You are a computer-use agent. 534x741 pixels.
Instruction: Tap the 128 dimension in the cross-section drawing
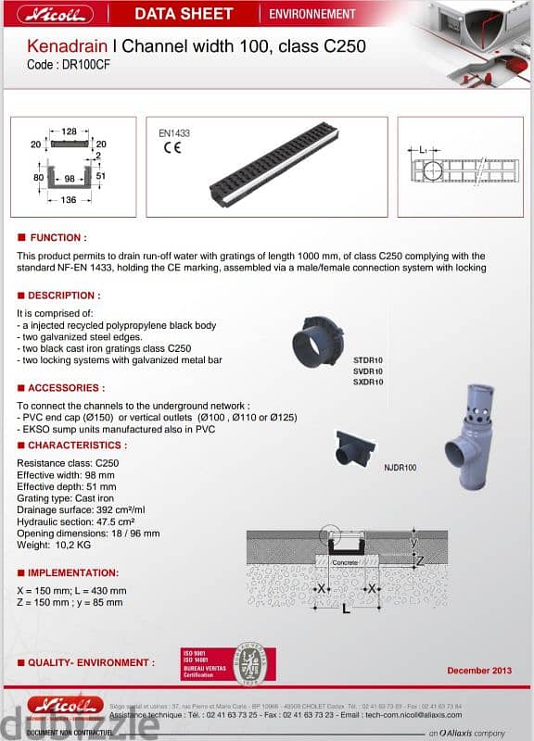coord(70,132)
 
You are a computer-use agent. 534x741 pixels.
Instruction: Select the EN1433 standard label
coord(174,133)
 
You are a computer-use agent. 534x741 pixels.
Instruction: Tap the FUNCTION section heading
coord(57,238)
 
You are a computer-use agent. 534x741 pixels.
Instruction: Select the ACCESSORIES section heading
coord(65,388)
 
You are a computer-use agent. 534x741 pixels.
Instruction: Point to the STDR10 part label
coord(368,359)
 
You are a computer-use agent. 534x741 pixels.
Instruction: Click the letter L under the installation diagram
coord(347,608)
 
